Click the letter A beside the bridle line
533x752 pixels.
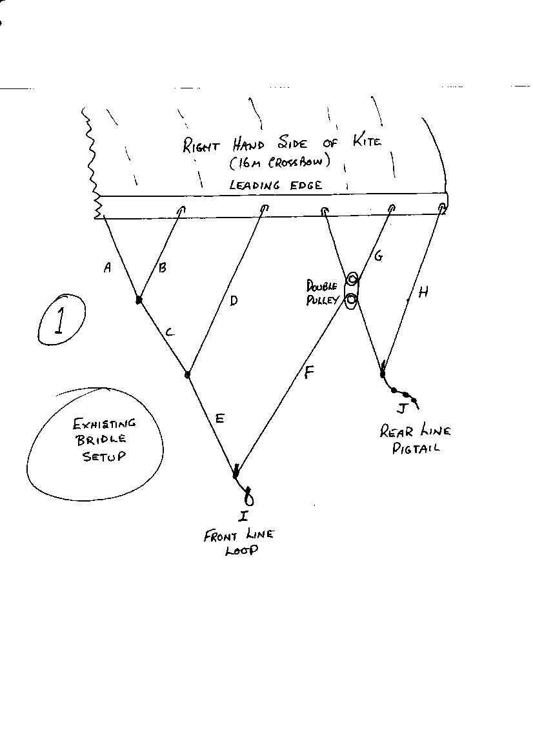point(107,267)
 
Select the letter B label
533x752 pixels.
point(163,267)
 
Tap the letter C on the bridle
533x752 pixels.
point(169,332)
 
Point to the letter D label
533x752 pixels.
point(234,300)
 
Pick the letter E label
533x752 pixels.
point(219,419)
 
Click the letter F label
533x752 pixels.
point(309,372)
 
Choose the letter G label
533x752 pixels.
point(378,256)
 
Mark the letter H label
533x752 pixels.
point(423,292)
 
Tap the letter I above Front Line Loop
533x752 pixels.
point(243,516)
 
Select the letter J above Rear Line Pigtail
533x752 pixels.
point(402,408)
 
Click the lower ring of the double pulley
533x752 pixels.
point(351,300)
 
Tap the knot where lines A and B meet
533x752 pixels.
point(138,300)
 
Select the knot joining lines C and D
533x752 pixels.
point(187,374)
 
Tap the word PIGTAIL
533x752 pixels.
point(416,447)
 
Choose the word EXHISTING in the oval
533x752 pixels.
point(104,423)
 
